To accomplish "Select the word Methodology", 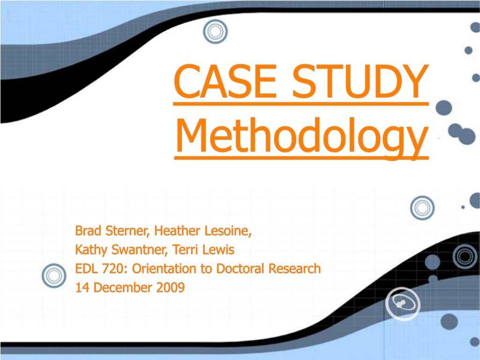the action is [x=301, y=137].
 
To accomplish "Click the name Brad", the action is [x=89, y=231].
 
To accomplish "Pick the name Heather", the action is [x=177, y=231].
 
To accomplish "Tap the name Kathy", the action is [x=91, y=250].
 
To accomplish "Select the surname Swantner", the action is [x=140, y=250].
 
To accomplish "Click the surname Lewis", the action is [x=218, y=250].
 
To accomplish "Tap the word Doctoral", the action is [x=240, y=269].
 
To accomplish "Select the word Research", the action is [x=294, y=269].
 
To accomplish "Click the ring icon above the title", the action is [x=216, y=31].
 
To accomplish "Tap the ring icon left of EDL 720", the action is [x=54, y=276].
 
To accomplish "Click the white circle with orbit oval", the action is [x=403, y=304].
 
